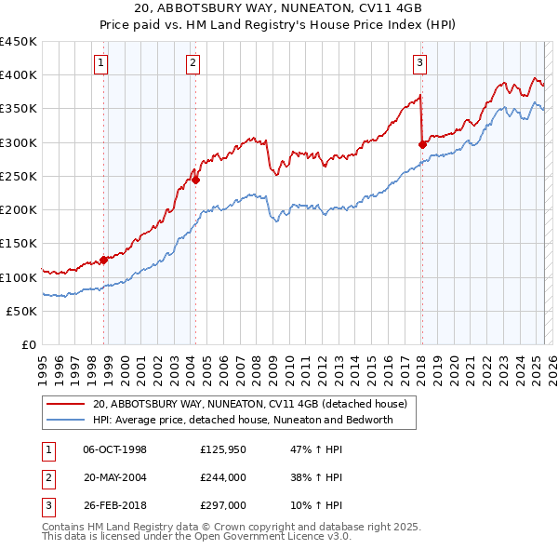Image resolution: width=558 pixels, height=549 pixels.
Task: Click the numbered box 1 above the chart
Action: tap(100, 63)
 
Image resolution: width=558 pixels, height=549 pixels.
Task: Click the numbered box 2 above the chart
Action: tap(192, 63)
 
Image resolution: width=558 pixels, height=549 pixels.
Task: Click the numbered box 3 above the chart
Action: tap(419, 63)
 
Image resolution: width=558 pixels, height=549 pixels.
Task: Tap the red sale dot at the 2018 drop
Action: tap(422, 144)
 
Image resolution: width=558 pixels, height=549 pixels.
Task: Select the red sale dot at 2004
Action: tap(196, 181)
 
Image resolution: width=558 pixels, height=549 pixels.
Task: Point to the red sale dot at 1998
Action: tap(103, 260)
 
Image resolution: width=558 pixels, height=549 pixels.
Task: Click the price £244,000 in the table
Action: tap(222, 477)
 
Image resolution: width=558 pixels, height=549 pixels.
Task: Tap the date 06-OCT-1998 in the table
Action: tap(114, 449)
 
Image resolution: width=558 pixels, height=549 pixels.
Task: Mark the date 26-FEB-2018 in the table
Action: tap(114, 505)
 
